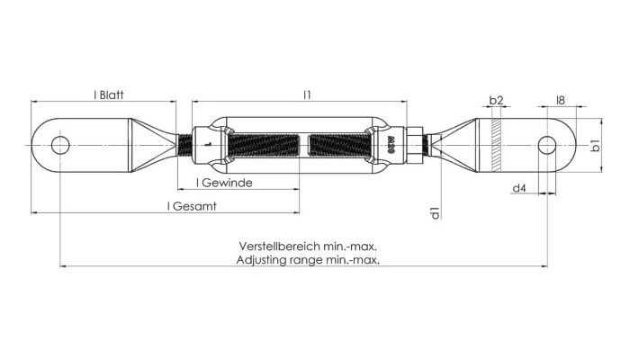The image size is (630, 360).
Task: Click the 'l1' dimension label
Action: (x=307, y=93)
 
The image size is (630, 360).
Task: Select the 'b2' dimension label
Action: (x=496, y=100)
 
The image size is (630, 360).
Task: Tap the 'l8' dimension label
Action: (x=560, y=100)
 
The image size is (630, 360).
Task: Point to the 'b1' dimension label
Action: (x=595, y=145)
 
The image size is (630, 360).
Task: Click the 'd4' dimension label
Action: (x=518, y=188)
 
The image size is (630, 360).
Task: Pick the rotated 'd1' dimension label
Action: (x=435, y=212)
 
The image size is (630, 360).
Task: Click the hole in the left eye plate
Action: (x=60, y=144)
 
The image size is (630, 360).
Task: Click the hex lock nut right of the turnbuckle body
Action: (x=416, y=144)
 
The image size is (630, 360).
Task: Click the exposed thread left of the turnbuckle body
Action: (x=185, y=144)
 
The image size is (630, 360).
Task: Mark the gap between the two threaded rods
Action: (x=304, y=144)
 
